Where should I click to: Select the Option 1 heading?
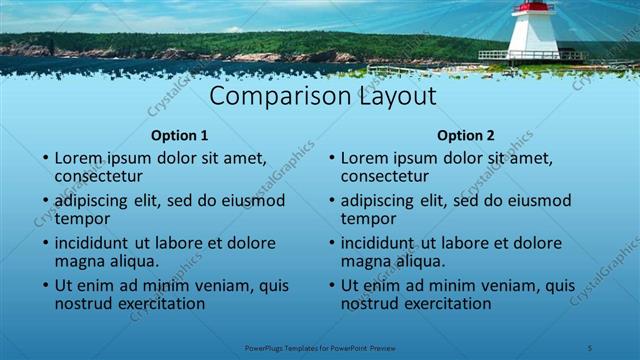pyautogui.click(x=180, y=135)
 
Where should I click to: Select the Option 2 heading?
pyautogui.click(x=466, y=135)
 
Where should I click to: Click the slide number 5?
pyautogui.click(x=590, y=347)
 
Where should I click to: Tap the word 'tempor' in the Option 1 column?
pyautogui.click(x=82, y=218)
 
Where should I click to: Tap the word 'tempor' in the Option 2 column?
pyautogui.click(x=368, y=218)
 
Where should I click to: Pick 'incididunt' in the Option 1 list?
pyautogui.click(x=97, y=243)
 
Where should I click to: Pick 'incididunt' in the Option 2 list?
pyautogui.click(x=383, y=243)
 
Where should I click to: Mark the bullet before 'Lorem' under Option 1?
pyautogui.click(x=45, y=159)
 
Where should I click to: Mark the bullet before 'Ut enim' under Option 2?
pyautogui.click(x=331, y=286)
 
